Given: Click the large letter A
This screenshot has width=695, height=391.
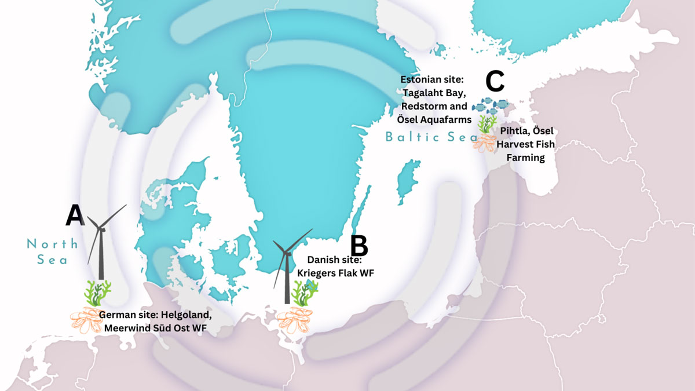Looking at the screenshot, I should tap(75, 215).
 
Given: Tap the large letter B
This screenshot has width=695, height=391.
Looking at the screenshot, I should tap(359, 246).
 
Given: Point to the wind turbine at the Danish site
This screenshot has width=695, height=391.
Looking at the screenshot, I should tap(287, 266).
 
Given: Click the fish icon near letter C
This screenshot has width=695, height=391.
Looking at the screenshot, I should tap(490, 105).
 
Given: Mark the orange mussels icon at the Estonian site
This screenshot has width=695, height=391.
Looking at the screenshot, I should tap(484, 142).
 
